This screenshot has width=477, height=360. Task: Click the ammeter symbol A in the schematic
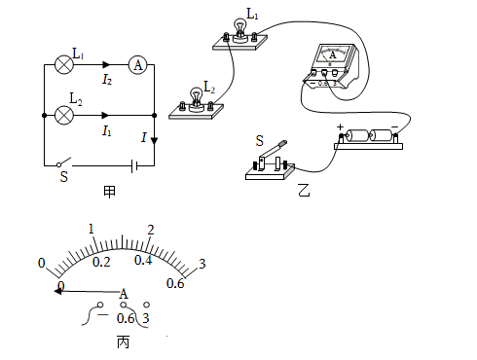[x=138, y=65]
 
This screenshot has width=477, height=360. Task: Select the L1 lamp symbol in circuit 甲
[x=64, y=64]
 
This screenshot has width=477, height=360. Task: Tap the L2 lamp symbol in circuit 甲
[x=64, y=115]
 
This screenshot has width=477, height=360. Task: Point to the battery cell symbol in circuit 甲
[x=134, y=165]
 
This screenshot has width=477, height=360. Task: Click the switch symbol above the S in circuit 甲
[x=64, y=162]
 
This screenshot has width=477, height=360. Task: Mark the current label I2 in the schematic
[x=107, y=79]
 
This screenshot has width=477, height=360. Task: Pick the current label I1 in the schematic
[x=107, y=130]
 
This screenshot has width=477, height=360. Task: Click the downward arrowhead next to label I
[x=154, y=141]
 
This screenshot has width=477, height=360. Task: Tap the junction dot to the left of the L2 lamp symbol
[x=45, y=115]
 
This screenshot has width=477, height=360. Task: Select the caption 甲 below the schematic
[x=109, y=192]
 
